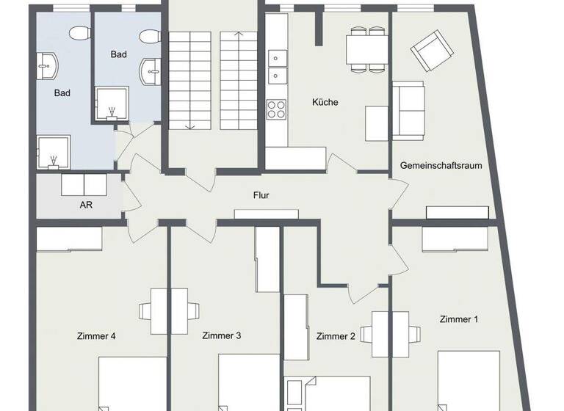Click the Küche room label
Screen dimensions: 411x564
pos(325,102)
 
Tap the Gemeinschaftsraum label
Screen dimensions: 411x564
pos(441,166)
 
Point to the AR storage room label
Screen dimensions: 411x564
pos(86,205)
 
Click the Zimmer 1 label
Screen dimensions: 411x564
pos(459,319)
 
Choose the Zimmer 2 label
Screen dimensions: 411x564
pos(336,337)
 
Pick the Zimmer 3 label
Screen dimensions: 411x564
pos(221,336)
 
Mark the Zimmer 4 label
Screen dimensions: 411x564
pos(96,337)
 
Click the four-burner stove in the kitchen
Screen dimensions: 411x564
pos(277,109)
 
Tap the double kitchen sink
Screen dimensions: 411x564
pos(277,65)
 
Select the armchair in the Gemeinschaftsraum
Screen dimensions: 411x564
pos(428,51)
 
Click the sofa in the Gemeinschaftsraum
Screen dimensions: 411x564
pos(408,110)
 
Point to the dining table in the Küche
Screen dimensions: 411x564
pos(368,49)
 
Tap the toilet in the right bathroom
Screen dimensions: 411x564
pos(150,36)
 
